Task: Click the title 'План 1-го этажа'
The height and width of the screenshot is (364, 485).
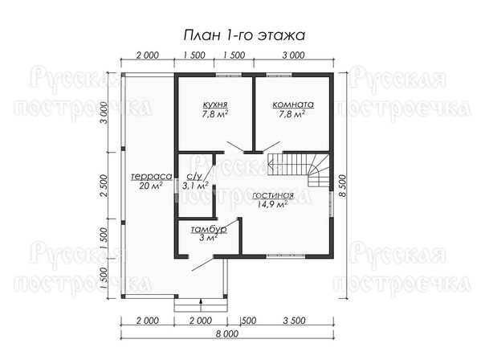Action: (x=244, y=35)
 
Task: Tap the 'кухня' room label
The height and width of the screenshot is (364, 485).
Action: (x=215, y=104)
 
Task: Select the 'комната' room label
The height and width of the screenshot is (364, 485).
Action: (x=293, y=104)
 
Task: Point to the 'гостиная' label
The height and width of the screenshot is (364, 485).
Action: (x=273, y=195)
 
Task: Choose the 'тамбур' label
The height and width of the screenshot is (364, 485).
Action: (x=209, y=230)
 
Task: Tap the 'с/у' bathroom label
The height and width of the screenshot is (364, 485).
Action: (x=194, y=177)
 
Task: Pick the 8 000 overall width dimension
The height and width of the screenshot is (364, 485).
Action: (x=227, y=334)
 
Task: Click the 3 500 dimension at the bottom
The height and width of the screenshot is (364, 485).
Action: (x=295, y=321)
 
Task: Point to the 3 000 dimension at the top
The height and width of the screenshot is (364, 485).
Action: (x=294, y=55)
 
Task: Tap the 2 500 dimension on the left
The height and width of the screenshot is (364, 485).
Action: (x=104, y=186)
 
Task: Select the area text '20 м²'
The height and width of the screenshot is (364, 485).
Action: (x=152, y=186)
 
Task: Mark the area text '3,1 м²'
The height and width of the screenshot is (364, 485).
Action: (x=195, y=186)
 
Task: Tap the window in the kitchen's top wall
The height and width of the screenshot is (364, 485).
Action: (x=229, y=75)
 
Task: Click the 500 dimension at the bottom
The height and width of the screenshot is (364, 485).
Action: (x=248, y=321)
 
